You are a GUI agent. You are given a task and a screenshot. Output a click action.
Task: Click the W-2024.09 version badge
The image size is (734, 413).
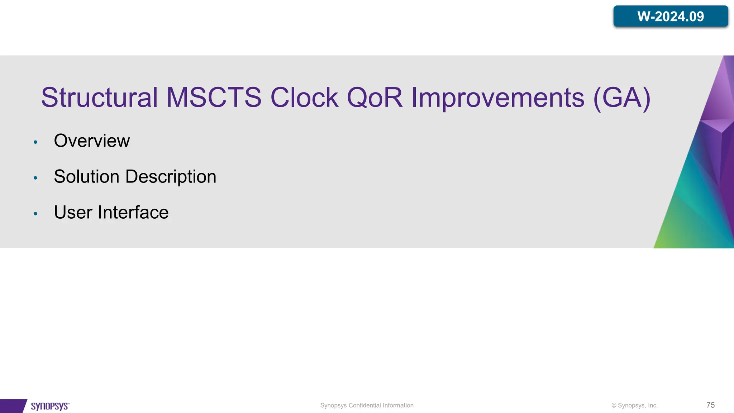point(670,16)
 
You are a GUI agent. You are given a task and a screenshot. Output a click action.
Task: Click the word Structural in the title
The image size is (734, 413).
point(99,98)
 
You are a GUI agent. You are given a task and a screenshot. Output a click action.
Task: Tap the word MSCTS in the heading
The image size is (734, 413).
point(214,98)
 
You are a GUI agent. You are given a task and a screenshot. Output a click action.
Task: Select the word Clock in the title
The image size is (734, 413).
point(304,98)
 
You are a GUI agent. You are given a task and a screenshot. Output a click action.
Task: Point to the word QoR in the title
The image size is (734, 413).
point(375,98)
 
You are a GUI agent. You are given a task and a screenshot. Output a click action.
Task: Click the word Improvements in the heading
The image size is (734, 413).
point(497,98)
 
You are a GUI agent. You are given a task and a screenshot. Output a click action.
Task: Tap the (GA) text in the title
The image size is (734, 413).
point(622,98)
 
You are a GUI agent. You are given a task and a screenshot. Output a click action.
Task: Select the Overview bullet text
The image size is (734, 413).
point(92,141)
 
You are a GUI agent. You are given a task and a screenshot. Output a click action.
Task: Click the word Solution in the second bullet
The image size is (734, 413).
point(86,176)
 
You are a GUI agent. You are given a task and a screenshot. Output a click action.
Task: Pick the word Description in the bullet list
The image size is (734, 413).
point(171,176)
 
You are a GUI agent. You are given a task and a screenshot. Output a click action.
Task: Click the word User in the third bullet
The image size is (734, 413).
point(73,212)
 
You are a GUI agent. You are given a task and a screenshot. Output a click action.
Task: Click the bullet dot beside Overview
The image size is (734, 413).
point(35,142)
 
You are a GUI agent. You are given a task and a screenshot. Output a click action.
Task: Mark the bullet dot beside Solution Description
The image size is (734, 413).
point(35,178)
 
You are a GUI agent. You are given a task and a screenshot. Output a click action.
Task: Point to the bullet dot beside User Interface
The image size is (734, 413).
point(35,214)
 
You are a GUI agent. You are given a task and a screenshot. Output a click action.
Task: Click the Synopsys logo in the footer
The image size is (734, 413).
point(50,406)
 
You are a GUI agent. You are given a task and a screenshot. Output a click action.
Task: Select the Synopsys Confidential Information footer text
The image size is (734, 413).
point(367,405)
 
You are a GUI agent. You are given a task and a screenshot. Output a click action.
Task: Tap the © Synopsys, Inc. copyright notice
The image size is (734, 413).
point(634,405)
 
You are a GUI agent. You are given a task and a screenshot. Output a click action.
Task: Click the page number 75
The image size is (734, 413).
point(710,405)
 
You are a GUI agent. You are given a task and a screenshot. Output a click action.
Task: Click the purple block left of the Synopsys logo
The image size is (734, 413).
point(12,406)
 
